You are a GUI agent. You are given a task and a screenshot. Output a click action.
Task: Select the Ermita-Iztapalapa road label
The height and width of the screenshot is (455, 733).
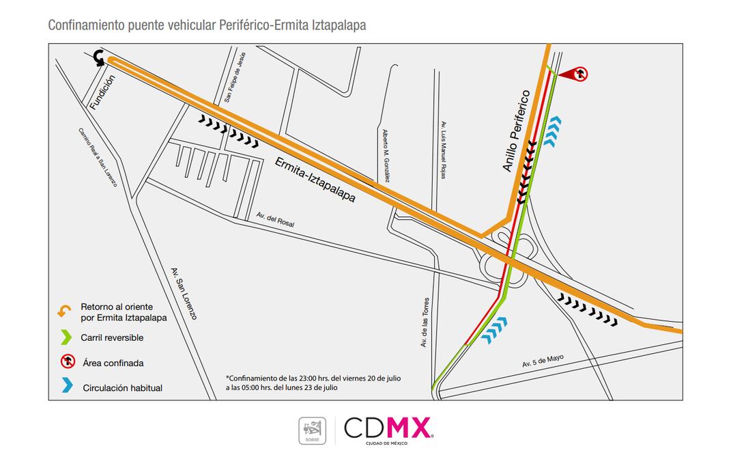coord(315,180)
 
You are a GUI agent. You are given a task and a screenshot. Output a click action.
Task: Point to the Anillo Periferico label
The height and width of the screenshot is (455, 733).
coord(517,130)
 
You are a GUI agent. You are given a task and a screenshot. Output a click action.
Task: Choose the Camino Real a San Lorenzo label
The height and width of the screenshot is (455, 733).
coord(98,158)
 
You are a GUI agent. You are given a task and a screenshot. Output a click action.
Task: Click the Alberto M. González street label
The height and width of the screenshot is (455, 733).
coord(386,156)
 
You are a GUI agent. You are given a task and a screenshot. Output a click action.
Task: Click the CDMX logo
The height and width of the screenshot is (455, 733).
coord(388,428)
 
